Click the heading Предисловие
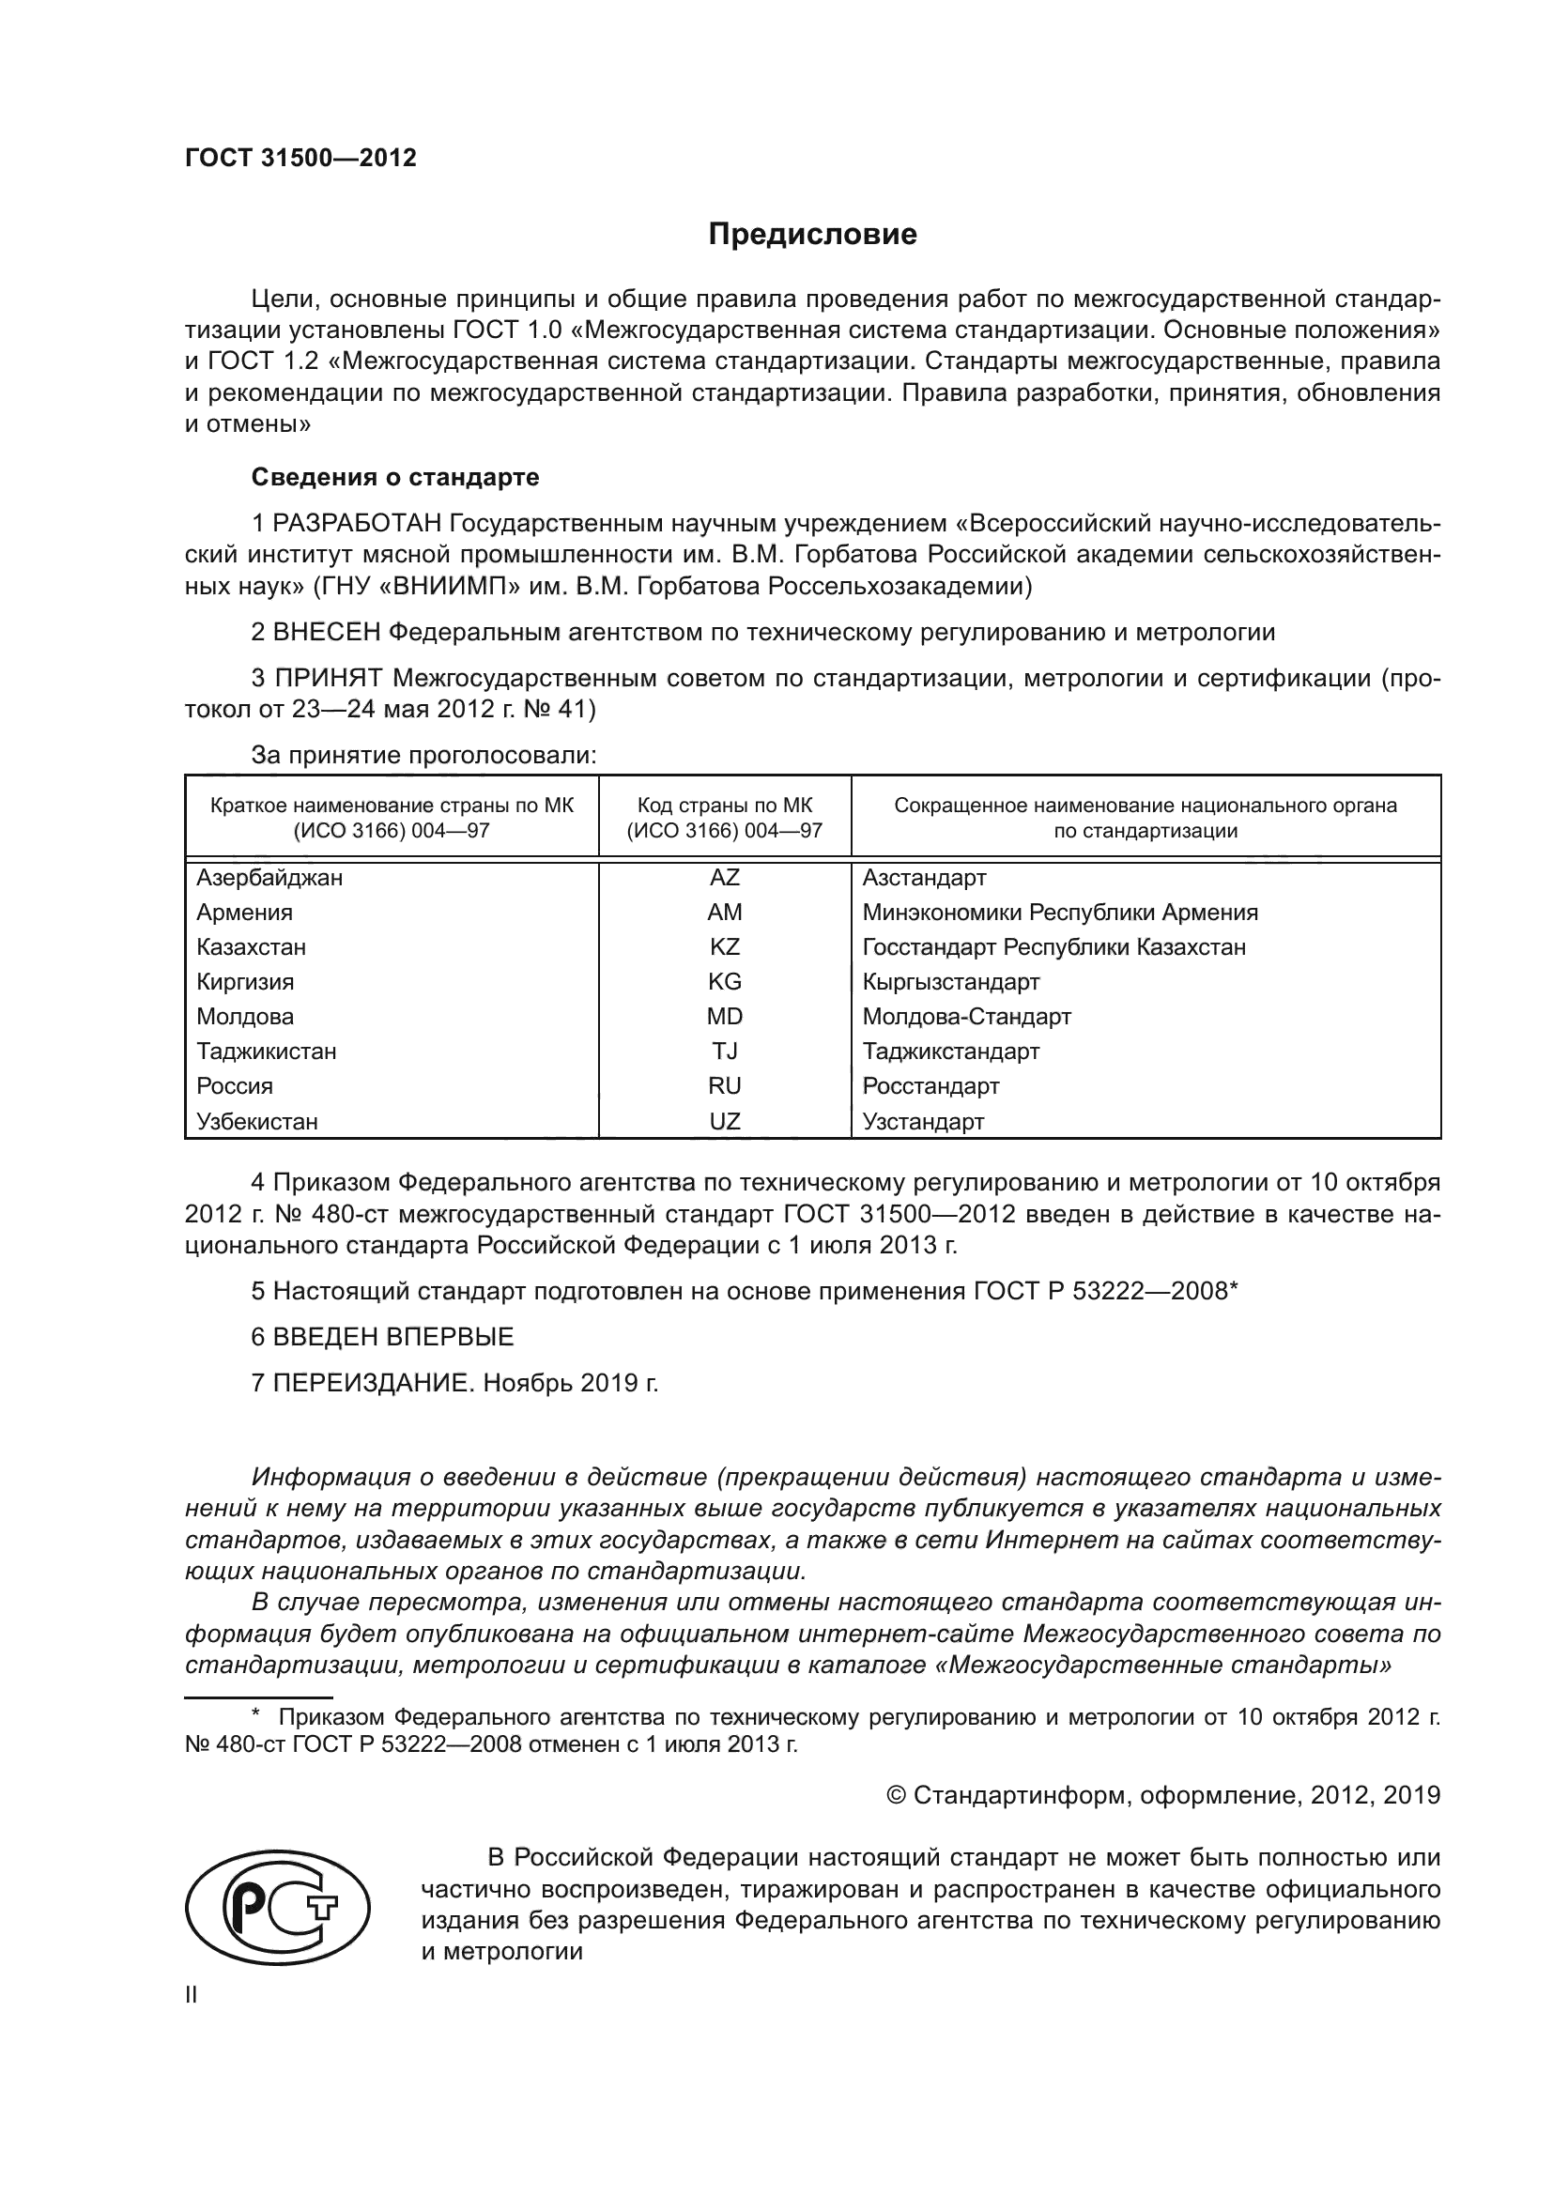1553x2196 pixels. click(x=812, y=235)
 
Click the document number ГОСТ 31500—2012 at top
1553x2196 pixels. click(x=300, y=159)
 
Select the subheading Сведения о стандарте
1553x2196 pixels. click(x=395, y=476)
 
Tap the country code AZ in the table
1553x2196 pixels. click(x=724, y=877)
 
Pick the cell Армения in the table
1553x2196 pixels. click(x=245, y=913)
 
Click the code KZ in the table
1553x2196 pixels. click(x=724, y=947)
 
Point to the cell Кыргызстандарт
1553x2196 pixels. click(x=950, y=982)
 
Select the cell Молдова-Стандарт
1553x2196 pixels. click(x=966, y=1017)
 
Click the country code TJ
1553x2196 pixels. click(x=724, y=1052)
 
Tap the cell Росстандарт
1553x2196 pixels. click(x=930, y=1086)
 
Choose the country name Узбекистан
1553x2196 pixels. click(x=257, y=1122)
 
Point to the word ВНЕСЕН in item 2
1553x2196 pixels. click(x=327, y=632)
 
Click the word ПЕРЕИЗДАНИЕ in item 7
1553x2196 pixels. click(x=373, y=1383)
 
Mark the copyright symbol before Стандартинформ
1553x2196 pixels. click(x=896, y=1795)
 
